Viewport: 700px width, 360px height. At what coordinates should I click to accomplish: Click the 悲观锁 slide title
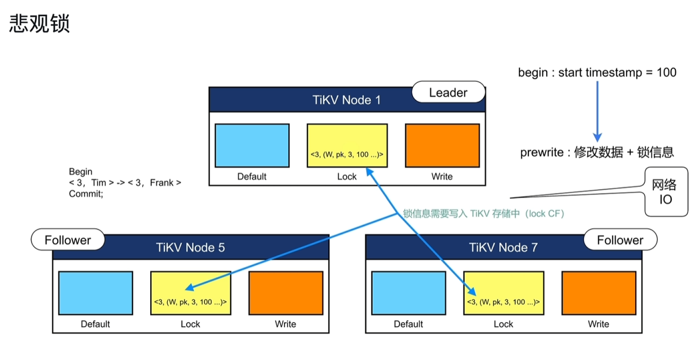39,23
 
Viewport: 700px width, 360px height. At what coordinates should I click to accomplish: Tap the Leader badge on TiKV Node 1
449,92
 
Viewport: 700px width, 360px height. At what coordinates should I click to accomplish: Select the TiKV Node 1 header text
346,100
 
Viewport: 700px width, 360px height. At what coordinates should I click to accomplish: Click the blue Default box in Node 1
252,146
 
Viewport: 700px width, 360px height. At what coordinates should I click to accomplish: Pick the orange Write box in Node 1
442,146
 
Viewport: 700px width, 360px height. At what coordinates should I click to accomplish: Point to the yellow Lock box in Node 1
347,146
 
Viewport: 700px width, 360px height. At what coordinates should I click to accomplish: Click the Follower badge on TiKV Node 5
68,240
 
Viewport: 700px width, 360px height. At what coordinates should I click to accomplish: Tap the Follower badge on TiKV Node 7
620,240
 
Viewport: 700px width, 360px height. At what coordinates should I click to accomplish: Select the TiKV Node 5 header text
190,248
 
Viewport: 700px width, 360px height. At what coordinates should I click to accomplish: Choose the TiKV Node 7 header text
503,248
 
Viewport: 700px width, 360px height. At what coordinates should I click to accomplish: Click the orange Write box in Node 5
286,293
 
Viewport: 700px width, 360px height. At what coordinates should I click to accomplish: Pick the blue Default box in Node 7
409,293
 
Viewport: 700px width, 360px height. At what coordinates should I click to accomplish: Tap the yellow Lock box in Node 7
504,293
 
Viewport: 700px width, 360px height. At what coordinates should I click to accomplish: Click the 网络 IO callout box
666,192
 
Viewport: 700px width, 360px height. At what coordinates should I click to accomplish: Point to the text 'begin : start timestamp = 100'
597,72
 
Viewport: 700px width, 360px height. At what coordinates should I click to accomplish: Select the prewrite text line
597,153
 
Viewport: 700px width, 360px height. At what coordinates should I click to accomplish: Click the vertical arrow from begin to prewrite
597,111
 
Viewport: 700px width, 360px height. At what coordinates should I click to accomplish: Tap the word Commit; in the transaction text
86,194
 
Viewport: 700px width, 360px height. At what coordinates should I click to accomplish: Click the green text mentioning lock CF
484,214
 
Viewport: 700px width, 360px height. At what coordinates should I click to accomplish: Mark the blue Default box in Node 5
96,293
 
